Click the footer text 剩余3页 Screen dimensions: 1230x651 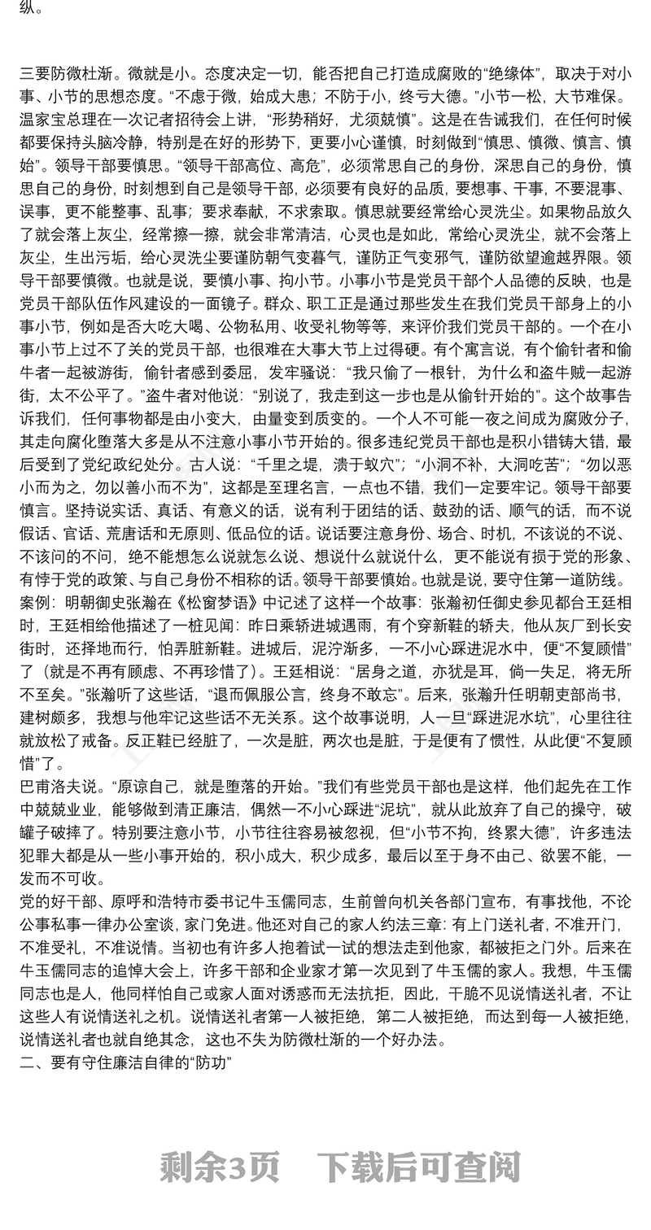[220, 1167]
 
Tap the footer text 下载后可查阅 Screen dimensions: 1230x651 [418, 1167]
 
